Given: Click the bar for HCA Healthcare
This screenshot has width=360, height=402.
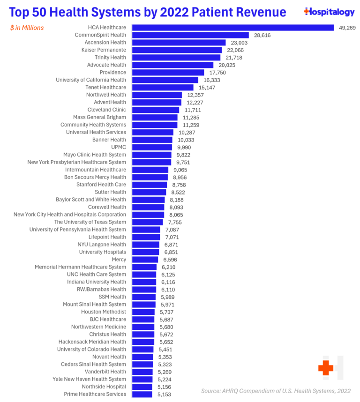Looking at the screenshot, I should coord(232,28).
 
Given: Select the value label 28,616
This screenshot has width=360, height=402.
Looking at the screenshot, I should coord(262,35).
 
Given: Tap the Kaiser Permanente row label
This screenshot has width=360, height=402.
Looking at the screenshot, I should coord(104,50).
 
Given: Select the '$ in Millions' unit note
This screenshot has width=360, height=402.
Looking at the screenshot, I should coord(27,28).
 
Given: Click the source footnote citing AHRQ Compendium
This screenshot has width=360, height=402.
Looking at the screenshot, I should coord(276,390).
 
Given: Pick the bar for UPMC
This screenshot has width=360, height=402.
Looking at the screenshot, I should coord(152,147).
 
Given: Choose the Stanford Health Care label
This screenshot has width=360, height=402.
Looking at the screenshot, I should coord(101,185).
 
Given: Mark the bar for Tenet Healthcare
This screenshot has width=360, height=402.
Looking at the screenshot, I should coord(163,88).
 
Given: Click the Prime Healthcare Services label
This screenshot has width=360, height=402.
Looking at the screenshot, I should coord(95,394).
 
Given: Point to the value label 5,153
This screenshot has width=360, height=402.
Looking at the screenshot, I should coord(165,394).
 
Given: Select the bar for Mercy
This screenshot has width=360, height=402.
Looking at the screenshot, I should coord(145,260).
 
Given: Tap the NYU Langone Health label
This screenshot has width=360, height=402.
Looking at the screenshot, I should coord(102,245).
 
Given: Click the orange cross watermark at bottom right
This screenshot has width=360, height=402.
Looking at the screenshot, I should coord(326,368).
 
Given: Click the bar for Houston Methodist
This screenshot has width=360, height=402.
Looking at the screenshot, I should coord(143,312).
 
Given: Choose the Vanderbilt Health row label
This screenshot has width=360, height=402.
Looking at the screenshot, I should coord(105,372).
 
